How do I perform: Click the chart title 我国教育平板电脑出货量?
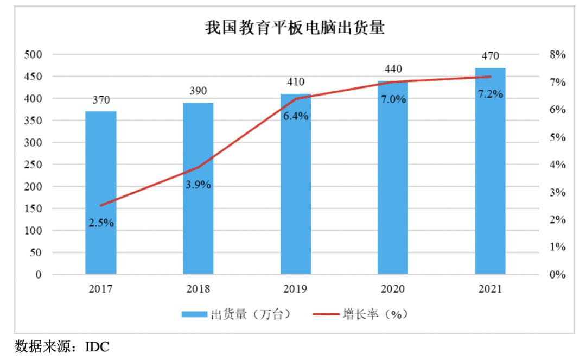pyautogui.click(x=294, y=28)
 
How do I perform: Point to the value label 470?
pyautogui.click(x=490, y=56)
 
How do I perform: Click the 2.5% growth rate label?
pyautogui.click(x=101, y=223)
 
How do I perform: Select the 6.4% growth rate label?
pyautogui.click(x=296, y=116)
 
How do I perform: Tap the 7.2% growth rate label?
pyautogui.click(x=490, y=94)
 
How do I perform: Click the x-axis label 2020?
pyautogui.click(x=393, y=289)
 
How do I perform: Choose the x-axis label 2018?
pyautogui.click(x=198, y=289)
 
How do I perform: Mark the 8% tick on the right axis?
pyautogui.click(x=557, y=55)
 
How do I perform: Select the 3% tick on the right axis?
pyautogui.click(x=557, y=192)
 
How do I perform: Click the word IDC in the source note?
pyautogui.click(x=97, y=346)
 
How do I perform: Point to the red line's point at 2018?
pyautogui.click(x=199, y=167)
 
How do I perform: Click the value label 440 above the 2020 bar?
pyautogui.click(x=393, y=69)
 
